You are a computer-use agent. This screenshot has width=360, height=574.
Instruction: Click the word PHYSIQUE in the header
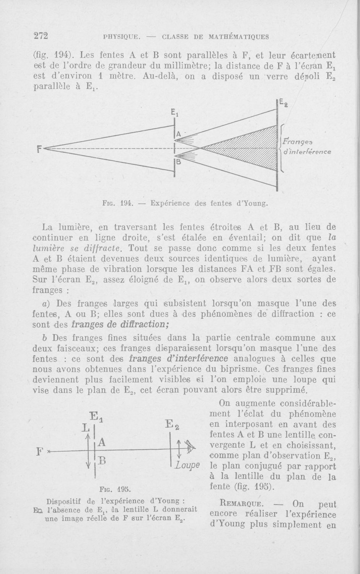121,37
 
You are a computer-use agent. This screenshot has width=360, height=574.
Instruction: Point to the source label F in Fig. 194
39,148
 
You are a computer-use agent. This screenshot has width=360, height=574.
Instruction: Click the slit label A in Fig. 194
179,134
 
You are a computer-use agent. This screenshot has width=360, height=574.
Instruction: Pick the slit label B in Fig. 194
178,162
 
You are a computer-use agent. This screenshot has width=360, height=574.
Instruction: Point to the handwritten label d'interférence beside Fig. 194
307,152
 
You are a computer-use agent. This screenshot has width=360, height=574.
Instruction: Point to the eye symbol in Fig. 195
190,446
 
